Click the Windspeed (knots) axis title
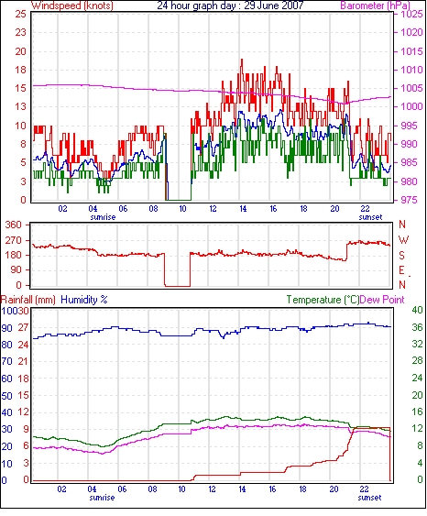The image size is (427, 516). coord(72,5)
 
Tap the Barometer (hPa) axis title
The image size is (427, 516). coord(376,5)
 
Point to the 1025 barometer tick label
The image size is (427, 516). coord(411,14)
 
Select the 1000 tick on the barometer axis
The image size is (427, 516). coord(411,106)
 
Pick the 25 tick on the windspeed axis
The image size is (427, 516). coord(20,14)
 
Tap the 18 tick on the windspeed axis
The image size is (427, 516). coord(20,70)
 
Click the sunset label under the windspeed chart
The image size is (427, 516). coord(370,217)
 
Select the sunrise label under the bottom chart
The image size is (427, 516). coord(102,498)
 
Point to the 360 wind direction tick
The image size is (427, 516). coord(14,225)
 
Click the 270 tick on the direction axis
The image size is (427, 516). coord(14,240)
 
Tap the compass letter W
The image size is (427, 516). coord(403,240)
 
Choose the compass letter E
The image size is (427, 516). coord(401,270)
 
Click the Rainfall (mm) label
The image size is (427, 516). coord(28,300)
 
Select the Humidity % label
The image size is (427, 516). coord(84,300)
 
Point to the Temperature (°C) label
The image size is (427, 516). coord(323,300)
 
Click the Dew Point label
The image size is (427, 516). coord(382,300)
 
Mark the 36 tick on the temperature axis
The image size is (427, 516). coord(417,327)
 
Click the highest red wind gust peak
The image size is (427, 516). coord(242,60)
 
